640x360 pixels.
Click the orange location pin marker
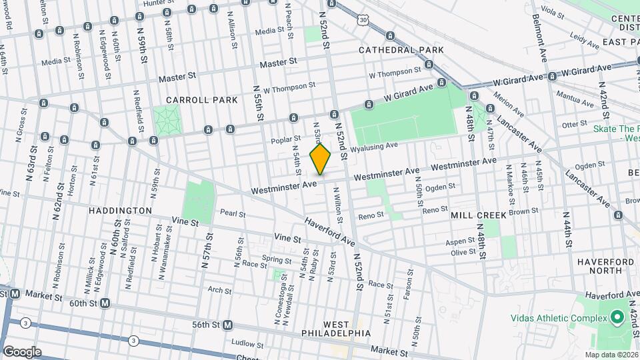(x=321, y=159)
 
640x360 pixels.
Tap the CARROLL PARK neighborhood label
(x=202, y=100)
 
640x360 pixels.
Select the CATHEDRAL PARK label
(x=391, y=50)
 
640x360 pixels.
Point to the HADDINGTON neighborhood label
(x=121, y=210)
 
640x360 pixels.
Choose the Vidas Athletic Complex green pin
(x=617, y=317)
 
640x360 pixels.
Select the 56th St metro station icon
(x=227, y=325)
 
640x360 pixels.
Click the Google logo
(x=22, y=351)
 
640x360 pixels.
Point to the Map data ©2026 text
(x=611, y=355)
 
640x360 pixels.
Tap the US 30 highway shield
(x=362, y=21)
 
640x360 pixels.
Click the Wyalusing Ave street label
(x=374, y=145)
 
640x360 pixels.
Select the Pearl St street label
(x=233, y=215)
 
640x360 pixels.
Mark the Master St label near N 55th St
(x=278, y=63)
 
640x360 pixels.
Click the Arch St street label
(x=219, y=290)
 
